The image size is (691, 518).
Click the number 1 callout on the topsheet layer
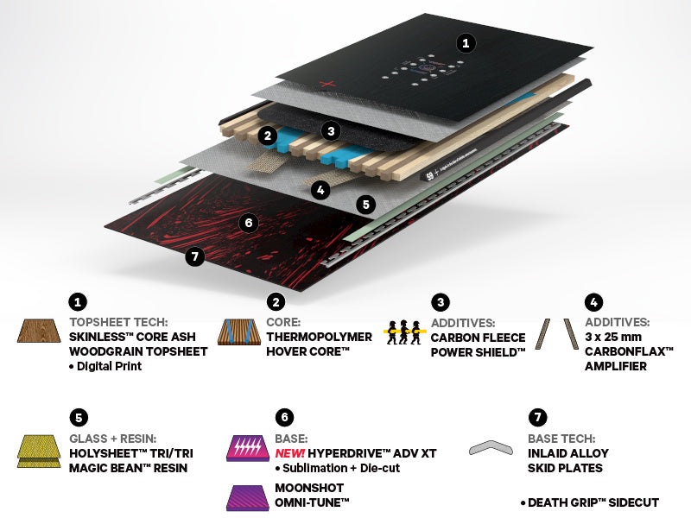click(466, 42)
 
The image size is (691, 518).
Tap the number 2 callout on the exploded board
click(269, 136)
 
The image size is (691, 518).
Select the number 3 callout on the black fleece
click(329, 131)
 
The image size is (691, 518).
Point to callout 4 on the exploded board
click(321, 190)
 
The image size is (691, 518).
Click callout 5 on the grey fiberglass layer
click(366, 205)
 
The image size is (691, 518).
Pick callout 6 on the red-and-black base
click(248, 223)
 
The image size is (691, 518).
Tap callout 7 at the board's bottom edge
click(195, 256)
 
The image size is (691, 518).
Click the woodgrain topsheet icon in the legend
click(38, 332)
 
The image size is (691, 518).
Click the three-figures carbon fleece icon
click(404, 332)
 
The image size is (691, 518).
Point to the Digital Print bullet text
click(108, 366)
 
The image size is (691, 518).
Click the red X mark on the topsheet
click(326, 83)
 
